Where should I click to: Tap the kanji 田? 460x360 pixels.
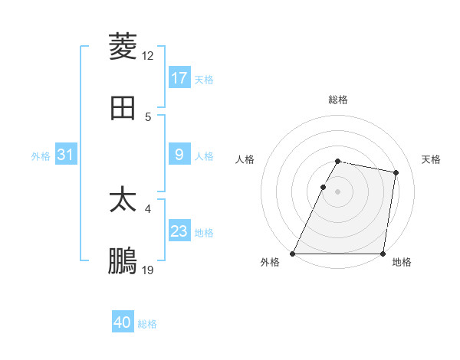click(x=123, y=108)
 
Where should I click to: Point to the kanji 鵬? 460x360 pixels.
click(x=123, y=261)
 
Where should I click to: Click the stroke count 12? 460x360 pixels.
click(x=148, y=55)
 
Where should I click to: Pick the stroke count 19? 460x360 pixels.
click(x=148, y=270)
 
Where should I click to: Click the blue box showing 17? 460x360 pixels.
click(x=179, y=78)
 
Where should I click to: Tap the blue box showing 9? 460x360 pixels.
click(x=179, y=155)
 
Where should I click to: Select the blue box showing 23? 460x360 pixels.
click(x=179, y=231)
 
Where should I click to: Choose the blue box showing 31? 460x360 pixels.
click(x=66, y=155)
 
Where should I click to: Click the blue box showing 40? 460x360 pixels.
click(x=123, y=323)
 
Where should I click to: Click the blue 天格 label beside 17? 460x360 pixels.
click(x=204, y=79)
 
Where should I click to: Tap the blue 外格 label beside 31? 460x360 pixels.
click(x=41, y=155)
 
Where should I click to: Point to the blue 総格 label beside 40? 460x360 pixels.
click(x=147, y=324)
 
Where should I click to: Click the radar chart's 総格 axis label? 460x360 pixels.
click(x=338, y=100)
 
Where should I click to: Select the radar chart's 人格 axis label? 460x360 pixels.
click(x=245, y=159)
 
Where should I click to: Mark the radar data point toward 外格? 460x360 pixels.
click(x=293, y=254)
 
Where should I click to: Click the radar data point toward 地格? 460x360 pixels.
click(x=383, y=254)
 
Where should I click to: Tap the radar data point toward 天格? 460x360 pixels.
click(x=396, y=172)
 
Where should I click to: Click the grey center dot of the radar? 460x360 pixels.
click(x=338, y=191)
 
